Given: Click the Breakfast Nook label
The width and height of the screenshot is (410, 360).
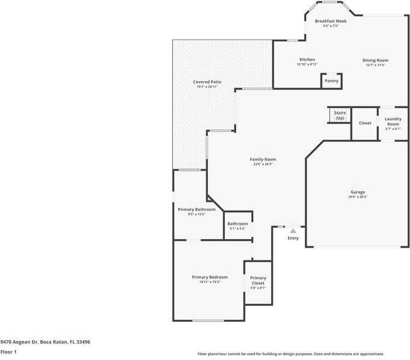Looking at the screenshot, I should click(331, 21).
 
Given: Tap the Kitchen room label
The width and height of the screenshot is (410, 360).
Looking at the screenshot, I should click(307, 59).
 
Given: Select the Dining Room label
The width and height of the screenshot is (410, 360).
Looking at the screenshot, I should click(375, 60).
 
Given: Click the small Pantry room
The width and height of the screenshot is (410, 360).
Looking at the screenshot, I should click(331, 81).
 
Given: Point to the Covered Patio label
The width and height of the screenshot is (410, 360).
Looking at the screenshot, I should click(207, 82).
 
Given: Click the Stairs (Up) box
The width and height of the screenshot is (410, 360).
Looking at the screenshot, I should click(340, 115).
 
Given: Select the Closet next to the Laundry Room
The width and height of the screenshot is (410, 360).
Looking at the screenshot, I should click(365, 123).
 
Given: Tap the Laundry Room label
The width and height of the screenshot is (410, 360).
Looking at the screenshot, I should click(393, 121).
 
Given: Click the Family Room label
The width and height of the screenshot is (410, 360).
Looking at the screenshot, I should click(263, 159).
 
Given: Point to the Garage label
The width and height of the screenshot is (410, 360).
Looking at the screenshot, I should click(358, 192).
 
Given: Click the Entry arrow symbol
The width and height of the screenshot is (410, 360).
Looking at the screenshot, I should click(293, 230).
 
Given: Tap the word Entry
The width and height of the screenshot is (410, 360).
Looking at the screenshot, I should click(293, 238).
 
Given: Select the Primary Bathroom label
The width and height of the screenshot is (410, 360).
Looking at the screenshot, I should click(196, 209).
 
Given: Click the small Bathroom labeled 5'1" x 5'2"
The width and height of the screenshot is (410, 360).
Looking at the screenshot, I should click(237, 226).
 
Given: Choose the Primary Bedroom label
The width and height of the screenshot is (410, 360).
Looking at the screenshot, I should click(210, 277).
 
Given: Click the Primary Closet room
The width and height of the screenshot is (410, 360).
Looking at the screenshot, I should click(258, 281).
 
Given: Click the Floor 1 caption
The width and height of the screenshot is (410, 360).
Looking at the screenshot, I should click(8, 352).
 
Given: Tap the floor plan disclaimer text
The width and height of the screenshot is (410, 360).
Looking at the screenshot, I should click(291, 354).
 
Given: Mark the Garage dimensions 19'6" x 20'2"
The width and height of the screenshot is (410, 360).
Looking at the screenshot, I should click(358, 197).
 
